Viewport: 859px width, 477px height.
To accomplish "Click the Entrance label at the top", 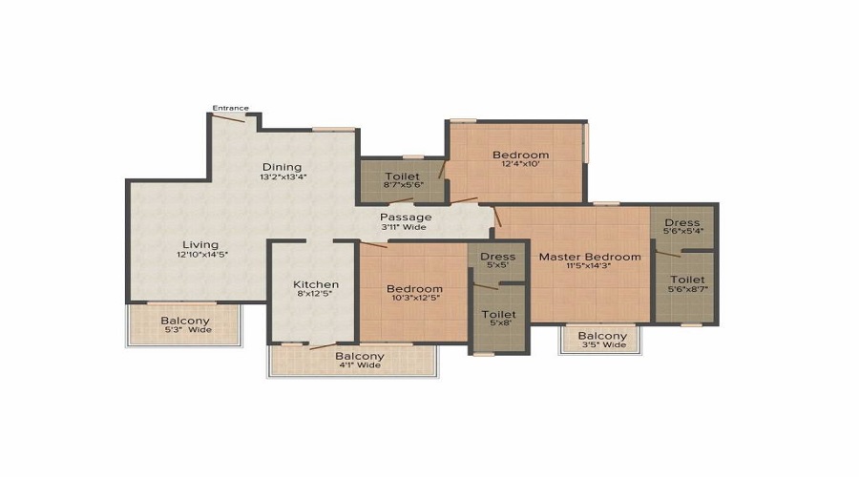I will [230, 108].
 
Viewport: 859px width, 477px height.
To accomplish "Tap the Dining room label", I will [282, 166].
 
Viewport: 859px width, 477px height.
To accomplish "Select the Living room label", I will [200, 244].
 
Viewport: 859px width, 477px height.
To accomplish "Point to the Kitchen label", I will [316, 284].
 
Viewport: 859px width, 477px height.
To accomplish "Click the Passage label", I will [407, 217].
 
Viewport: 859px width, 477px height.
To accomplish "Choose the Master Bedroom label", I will [590, 257].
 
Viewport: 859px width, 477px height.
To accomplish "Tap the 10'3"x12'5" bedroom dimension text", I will [414, 300].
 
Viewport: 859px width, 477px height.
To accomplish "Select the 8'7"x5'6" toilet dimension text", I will [404, 186].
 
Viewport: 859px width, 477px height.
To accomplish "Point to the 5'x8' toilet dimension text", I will [499, 324].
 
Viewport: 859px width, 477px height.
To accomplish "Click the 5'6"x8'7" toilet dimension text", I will [687, 288].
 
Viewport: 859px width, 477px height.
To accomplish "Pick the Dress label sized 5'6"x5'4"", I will [682, 223].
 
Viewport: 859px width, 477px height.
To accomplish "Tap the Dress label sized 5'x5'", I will [498, 257].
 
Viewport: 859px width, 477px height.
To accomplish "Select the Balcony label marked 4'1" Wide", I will [359, 356].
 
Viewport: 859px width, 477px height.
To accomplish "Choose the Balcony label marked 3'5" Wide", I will [602, 336].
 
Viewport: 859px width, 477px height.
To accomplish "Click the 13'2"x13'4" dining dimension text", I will [283, 176].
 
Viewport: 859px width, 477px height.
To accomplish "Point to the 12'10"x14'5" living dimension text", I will [201, 255].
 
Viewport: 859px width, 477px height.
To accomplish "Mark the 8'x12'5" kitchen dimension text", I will [316, 295].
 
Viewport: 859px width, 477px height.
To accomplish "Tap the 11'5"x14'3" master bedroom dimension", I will [590, 267].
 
